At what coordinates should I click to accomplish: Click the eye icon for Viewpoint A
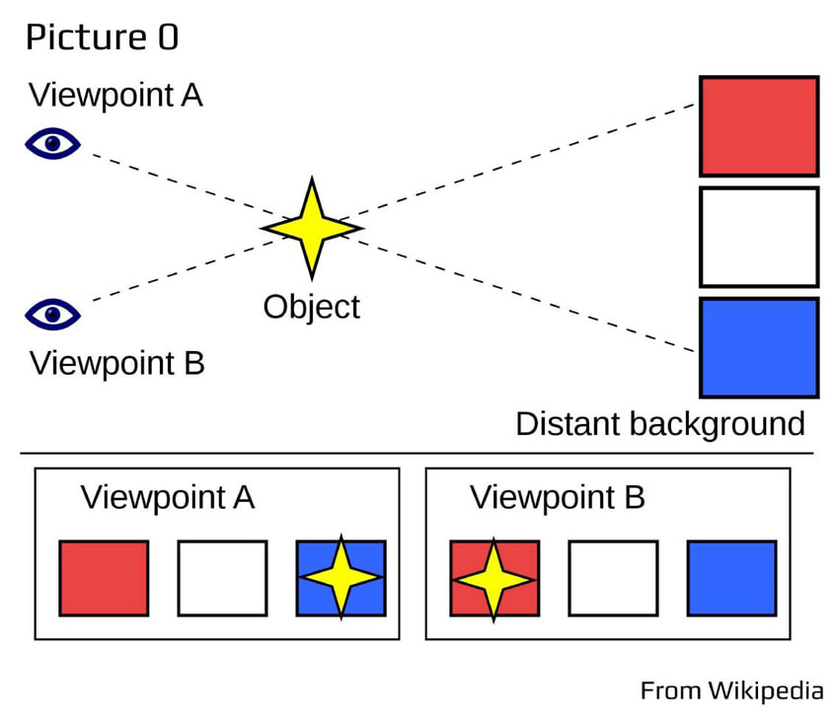(x=52, y=145)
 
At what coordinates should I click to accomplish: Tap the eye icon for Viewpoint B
(x=52, y=315)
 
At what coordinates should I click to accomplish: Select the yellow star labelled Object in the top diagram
(x=312, y=228)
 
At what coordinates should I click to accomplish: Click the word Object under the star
(x=311, y=307)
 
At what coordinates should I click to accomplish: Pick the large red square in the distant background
(x=758, y=125)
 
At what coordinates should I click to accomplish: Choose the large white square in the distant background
(x=758, y=237)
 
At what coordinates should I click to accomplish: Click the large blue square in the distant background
(x=758, y=347)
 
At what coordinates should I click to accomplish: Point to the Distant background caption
(x=660, y=424)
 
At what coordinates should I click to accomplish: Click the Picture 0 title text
(x=102, y=37)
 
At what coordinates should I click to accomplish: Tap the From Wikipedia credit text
(x=731, y=688)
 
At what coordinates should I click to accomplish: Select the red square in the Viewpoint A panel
(x=104, y=577)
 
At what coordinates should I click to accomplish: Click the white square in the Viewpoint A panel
(x=222, y=577)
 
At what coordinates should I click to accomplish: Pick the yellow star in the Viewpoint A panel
(x=341, y=577)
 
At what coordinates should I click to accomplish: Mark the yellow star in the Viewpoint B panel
(x=495, y=577)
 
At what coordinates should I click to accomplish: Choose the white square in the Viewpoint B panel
(x=613, y=577)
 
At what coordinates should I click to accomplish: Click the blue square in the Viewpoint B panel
(x=731, y=577)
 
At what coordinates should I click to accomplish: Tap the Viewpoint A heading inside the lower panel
(x=168, y=497)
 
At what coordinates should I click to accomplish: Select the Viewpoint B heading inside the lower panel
(x=557, y=497)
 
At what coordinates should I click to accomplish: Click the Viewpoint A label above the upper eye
(x=116, y=96)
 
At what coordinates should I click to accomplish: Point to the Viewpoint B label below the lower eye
(x=116, y=363)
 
